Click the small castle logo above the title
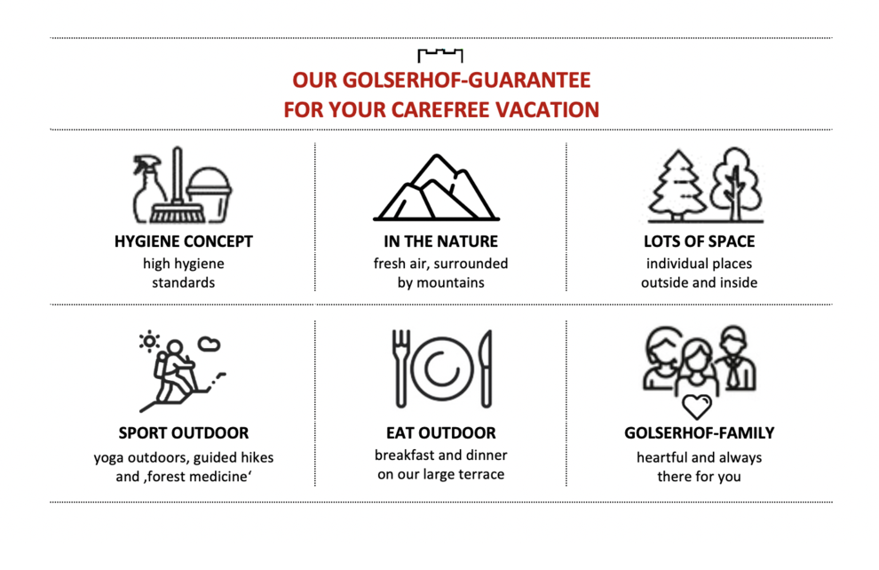(x=440, y=55)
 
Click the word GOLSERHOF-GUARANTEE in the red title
(x=466, y=80)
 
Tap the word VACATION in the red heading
(x=547, y=110)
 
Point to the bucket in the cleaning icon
(x=210, y=194)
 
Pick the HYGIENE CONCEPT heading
(x=183, y=241)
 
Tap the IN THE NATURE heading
(x=440, y=241)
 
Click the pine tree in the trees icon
(x=677, y=186)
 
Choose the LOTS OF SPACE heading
(x=699, y=241)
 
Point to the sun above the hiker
(x=150, y=341)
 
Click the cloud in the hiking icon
(x=210, y=344)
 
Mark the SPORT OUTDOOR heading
(x=183, y=433)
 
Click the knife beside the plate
(x=487, y=368)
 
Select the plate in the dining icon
(x=442, y=369)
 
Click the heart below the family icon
(x=697, y=407)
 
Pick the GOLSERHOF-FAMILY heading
(x=699, y=433)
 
